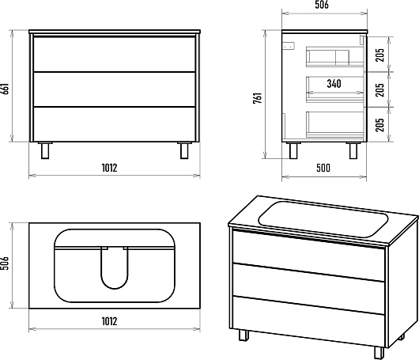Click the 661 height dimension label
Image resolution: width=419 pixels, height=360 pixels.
point(6,89)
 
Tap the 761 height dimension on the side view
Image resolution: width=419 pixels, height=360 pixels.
point(258,98)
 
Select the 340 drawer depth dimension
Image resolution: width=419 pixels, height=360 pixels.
point(334,84)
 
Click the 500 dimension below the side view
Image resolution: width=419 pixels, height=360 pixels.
point(323,168)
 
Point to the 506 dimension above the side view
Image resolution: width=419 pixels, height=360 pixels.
point(322,5)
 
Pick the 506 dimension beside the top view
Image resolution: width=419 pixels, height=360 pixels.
point(6,263)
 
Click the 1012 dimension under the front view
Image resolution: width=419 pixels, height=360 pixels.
point(110,168)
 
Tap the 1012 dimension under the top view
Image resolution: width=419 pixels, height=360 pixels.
point(110,321)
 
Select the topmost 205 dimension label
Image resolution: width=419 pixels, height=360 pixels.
point(379,55)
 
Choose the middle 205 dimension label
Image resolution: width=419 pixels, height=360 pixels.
point(379,90)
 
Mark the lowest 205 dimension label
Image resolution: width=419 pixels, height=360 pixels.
point(379,125)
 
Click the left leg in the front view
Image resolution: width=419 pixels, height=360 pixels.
point(45,150)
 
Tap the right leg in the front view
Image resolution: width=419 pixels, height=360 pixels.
point(184,150)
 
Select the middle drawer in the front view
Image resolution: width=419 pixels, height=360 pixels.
point(115,89)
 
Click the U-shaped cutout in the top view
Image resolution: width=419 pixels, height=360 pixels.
point(115,268)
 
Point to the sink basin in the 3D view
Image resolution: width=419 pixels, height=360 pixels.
point(323,219)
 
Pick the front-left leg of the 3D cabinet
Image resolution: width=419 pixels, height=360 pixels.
point(243,335)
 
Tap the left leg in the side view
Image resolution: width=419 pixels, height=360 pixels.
point(293,150)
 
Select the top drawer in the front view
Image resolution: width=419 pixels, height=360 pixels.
point(115,55)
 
